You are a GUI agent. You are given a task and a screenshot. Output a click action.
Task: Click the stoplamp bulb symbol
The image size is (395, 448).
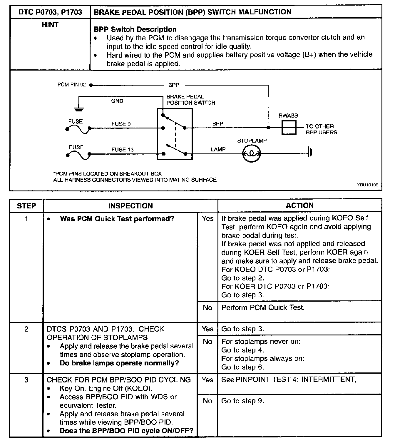coord(251,153)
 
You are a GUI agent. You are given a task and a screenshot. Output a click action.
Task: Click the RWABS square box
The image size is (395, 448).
coord(289,128)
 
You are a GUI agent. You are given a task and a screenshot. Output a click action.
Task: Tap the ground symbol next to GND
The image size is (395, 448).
coord(79,109)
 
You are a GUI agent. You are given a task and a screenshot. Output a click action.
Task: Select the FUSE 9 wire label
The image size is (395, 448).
coord(121,124)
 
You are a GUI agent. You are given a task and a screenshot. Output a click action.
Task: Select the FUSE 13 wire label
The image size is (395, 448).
coord(122,150)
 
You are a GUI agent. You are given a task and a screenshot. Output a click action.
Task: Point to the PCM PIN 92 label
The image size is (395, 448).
coord(72,85)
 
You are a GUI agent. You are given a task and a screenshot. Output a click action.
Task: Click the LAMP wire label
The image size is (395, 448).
coord(218,150)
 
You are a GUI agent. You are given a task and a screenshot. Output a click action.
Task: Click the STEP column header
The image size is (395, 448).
coord(26,206)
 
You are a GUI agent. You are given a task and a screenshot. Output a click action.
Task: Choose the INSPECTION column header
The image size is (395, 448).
coord(130,206)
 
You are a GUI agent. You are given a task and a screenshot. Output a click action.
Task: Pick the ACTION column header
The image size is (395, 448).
coord(299,205)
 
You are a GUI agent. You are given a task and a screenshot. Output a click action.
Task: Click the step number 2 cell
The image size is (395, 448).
coord(26,329)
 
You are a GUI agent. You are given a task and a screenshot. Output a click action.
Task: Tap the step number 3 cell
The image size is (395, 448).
coord(26,380)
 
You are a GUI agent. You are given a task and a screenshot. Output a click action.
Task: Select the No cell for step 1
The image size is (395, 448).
coord(207,308)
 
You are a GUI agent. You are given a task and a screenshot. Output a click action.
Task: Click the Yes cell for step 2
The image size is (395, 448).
coord(207,329)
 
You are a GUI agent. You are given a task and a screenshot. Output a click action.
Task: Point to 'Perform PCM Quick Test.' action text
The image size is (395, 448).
coord(263,307)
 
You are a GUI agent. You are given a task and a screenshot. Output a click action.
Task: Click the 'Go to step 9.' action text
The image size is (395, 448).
coord(242,401)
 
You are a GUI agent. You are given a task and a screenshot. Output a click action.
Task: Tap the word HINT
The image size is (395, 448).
coord(50,25)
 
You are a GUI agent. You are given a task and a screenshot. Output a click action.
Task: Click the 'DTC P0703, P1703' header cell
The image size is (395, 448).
coord(50,12)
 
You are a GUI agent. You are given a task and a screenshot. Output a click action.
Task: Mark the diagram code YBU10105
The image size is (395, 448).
coord(368,185)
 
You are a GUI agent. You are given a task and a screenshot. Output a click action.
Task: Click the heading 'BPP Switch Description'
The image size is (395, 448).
coord(135,29)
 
